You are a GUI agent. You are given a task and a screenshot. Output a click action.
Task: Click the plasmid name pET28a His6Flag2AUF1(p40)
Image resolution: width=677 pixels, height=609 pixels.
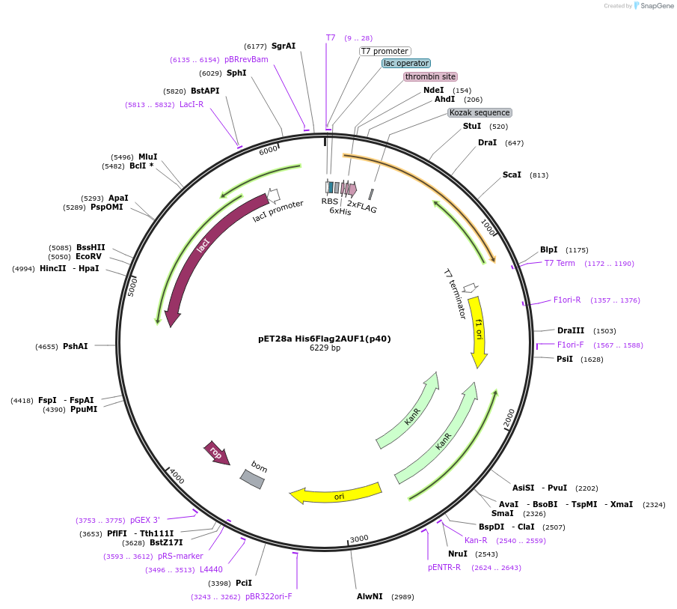pyautogui.click(x=324, y=339)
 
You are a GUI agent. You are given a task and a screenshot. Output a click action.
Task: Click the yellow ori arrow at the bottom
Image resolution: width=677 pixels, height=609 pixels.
pyautogui.click(x=337, y=494)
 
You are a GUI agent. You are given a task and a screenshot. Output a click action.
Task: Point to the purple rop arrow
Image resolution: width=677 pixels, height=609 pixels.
pyautogui.click(x=217, y=452)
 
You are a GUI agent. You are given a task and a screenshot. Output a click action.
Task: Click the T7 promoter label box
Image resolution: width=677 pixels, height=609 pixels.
pyautogui.click(x=385, y=51)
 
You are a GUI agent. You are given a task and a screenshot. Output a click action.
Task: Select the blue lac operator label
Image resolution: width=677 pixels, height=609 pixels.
pyautogui.click(x=406, y=64)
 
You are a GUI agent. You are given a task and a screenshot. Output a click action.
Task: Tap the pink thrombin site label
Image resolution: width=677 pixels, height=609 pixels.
pyautogui.click(x=430, y=76)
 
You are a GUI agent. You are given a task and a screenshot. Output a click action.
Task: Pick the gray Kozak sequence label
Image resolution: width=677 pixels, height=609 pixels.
pyautogui.click(x=480, y=112)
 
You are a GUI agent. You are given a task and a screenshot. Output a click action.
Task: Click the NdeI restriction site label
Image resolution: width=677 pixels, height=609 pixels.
pyautogui.click(x=434, y=90)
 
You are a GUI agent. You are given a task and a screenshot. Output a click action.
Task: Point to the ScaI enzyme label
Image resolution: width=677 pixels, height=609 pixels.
pyautogui.click(x=512, y=175)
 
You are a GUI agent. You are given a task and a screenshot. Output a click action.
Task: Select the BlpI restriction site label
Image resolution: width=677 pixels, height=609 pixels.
pyautogui.click(x=549, y=249)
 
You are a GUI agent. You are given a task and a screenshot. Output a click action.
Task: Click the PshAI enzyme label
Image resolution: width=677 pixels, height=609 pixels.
pyautogui.click(x=76, y=346)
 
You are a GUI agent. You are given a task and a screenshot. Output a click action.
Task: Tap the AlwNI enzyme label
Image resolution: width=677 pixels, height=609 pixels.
pyautogui.click(x=370, y=596)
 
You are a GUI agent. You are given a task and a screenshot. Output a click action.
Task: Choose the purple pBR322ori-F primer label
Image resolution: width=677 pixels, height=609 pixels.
pyautogui.click(x=269, y=596)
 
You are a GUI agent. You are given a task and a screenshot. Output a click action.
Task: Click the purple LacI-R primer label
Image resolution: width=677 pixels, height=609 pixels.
pyautogui.click(x=192, y=105)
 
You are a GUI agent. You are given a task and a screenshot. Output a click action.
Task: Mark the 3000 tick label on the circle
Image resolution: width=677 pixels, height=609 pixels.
pyautogui.click(x=359, y=538)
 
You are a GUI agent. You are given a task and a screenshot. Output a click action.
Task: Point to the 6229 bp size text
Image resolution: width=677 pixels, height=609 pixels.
pyautogui.click(x=325, y=348)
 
